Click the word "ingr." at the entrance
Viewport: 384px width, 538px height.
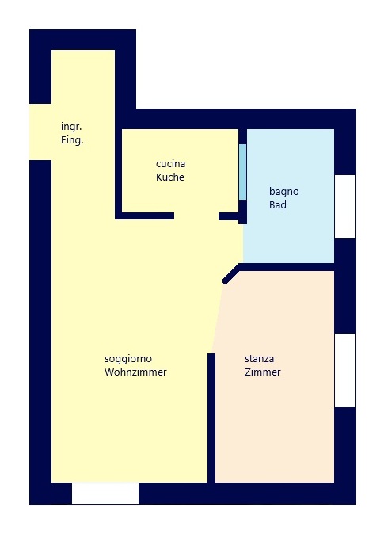[x=71, y=127]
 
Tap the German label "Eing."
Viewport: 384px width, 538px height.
[x=72, y=140]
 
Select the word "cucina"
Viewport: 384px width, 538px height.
[x=170, y=164]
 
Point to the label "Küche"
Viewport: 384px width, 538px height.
[x=169, y=177]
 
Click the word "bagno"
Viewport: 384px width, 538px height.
[x=284, y=191]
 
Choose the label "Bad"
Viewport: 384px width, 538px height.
[x=278, y=205]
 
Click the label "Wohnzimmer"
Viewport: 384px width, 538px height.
[x=135, y=372]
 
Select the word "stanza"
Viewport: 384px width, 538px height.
[x=260, y=358]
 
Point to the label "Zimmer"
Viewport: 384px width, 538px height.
[x=263, y=372]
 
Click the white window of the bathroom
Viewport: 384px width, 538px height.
[x=345, y=206]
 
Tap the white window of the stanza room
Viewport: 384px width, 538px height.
[x=345, y=370]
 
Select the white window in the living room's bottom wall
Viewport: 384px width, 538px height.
[x=105, y=493]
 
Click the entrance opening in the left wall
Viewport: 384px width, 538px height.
[x=40, y=132]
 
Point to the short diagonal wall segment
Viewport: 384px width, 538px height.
[x=230, y=274]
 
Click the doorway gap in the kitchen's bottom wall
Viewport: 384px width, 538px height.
[x=196, y=216]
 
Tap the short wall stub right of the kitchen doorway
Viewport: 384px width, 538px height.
[x=230, y=216]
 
